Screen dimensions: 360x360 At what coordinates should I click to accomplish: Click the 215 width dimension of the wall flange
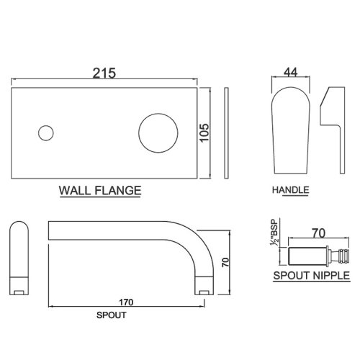coord(104,73)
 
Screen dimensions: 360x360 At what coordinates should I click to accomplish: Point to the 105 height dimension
coord(204,133)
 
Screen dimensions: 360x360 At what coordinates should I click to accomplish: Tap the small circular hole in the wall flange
coord(46,133)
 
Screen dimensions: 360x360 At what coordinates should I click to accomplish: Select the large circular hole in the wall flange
coord(158,133)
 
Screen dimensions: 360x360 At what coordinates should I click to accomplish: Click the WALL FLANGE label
coord(100,191)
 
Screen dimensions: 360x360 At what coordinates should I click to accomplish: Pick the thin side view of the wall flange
coord(226,133)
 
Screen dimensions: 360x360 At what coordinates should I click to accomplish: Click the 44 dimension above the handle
coord(290,72)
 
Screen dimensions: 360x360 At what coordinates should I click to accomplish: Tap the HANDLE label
coord(290,190)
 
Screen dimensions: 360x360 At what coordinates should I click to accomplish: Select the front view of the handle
coord(291,130)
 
